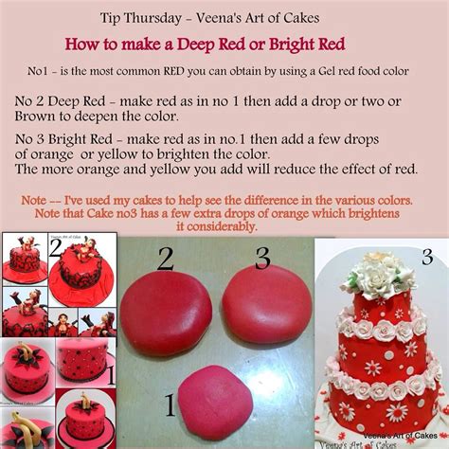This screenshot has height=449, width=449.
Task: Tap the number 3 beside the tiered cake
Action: coord(426,257)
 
